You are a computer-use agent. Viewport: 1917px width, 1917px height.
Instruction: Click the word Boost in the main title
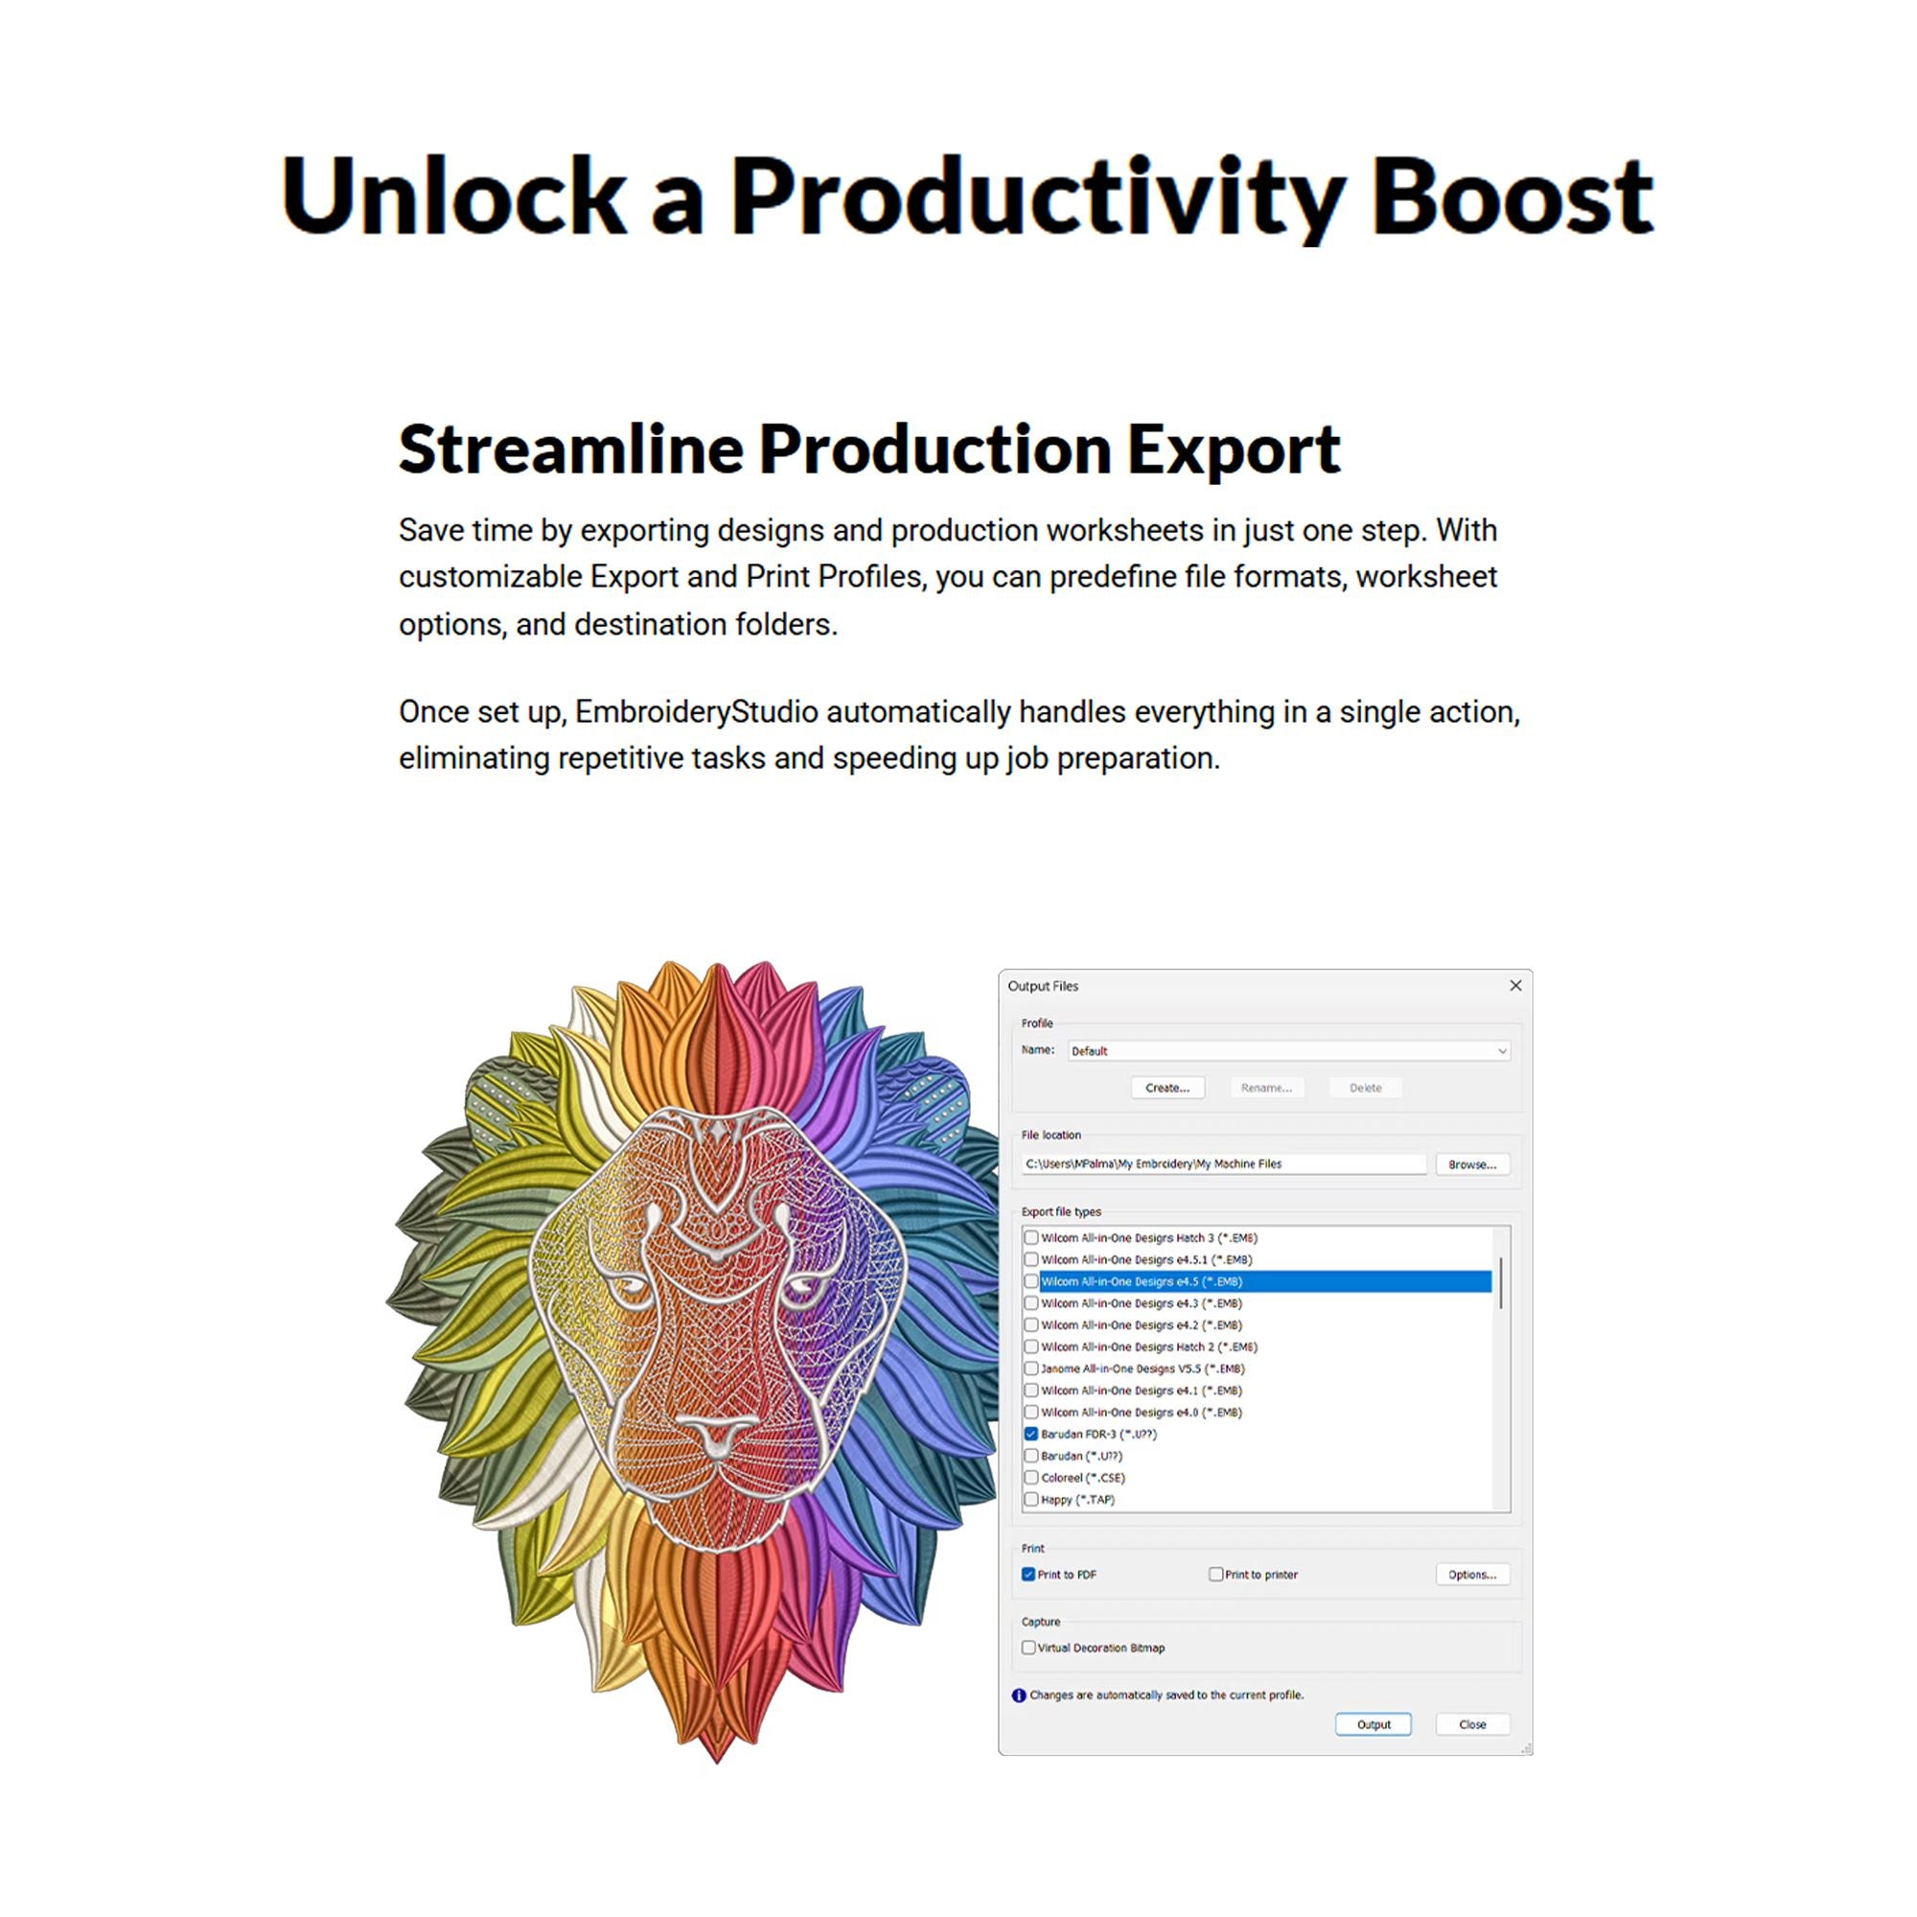tap(1513, 196)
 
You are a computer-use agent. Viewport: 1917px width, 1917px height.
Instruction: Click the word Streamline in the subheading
tap(570, 450)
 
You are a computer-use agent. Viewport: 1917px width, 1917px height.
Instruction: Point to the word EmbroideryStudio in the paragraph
tap(697, 711)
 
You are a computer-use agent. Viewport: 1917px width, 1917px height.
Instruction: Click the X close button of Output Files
tap(1515, 985)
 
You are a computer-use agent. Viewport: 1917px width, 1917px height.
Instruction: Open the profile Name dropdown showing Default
tap(1289, 1051)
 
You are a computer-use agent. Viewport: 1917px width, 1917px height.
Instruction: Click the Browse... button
tap(1472, 1164)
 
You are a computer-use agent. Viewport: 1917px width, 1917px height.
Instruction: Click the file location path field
tap(1223, 1164)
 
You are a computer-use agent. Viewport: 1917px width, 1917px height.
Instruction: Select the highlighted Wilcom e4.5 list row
tap(1265, 1281)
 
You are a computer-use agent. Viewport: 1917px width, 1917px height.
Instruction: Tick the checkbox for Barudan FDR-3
tap(1031, 1434)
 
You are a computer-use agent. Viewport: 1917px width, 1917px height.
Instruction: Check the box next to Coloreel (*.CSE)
tap(1031, 1477)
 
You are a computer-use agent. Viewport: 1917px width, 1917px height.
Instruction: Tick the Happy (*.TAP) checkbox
tap(1031, 1499)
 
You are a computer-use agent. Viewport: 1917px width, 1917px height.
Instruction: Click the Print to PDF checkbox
tap(1028, 1574)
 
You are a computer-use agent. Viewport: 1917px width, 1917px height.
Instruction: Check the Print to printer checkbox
tap(1215, 1574)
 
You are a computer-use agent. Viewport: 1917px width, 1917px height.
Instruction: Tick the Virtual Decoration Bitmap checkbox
tap(1028, 1647)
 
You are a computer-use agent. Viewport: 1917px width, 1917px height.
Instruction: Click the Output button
tap(1374, 1724)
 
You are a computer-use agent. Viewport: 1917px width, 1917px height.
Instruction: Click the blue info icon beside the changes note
tap(1018, 1696)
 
